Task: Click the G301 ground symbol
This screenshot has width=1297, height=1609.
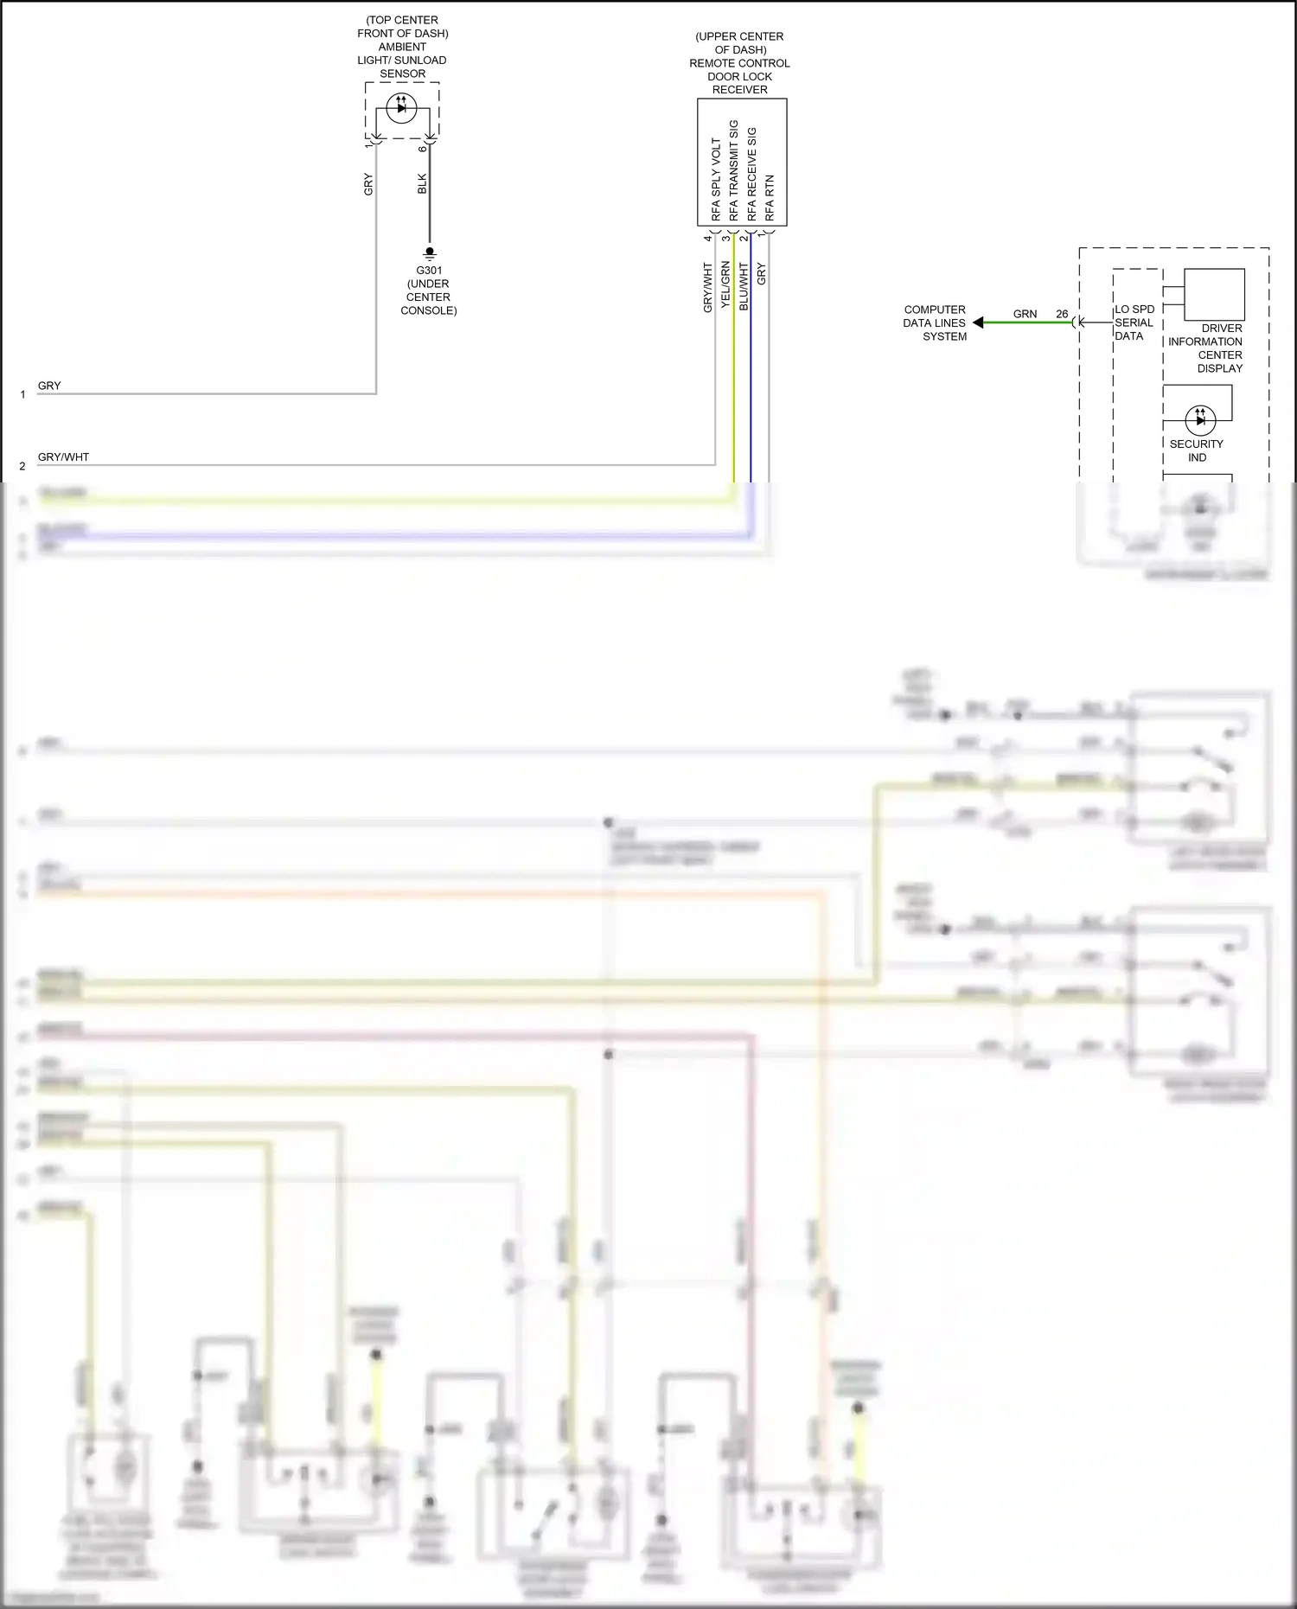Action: tap(430, 253)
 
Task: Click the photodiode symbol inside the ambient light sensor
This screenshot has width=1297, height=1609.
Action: tap(401, 108)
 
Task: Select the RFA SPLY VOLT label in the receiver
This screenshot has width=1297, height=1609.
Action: tap(716, 179)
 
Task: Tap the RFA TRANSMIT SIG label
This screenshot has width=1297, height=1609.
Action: tap(734, 170)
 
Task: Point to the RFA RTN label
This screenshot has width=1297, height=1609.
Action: tap(770, 198)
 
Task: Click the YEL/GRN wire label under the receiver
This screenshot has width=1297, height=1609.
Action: tap(725, 285)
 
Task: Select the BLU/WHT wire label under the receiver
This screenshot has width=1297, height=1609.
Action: tap(744, 286)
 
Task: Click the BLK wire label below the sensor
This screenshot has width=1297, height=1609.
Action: tap(422, 184)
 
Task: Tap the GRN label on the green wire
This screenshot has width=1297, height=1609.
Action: tap(1025, 314)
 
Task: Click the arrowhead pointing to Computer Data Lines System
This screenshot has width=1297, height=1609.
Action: tap(978, 322)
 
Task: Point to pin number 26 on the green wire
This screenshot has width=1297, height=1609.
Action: tap(1062, 314)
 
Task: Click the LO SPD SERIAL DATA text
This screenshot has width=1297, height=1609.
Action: tap(1134, 322)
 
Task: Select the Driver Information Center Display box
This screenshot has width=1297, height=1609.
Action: tap(1214, 295)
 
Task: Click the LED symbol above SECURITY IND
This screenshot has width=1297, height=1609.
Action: tap(1199, 420)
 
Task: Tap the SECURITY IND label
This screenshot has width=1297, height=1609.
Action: tap(1197, 450)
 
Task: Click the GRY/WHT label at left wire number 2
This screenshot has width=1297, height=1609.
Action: tap(63, 457)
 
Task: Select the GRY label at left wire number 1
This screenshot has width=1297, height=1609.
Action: tap(49, 386)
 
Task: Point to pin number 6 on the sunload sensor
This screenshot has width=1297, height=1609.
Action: tap(422, 149)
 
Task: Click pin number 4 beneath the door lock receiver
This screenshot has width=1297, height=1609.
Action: tap(707, 238)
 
